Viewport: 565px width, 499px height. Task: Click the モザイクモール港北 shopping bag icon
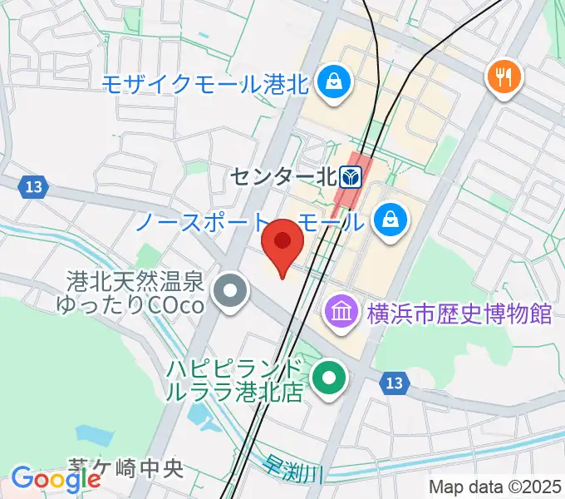click(336, 82)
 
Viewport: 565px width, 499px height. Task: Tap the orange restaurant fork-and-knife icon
click(504, 79)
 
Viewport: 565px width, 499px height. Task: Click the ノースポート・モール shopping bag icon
click(388, 220)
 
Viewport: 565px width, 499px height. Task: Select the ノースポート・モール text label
click(248, 222)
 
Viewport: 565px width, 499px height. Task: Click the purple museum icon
click(341, 314)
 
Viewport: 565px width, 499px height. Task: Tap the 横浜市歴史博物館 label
click(458, 314)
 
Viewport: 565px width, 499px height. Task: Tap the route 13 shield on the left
click(33, 186)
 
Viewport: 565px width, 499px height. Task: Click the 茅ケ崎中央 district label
click(125, 469)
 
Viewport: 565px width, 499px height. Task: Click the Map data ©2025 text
click(494, 487)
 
